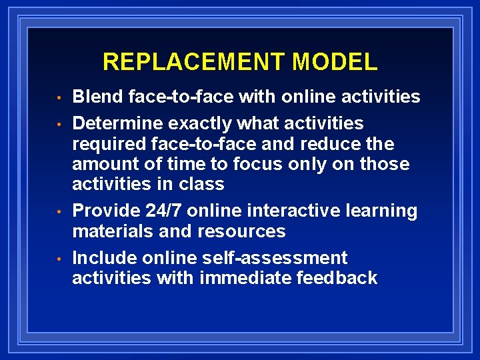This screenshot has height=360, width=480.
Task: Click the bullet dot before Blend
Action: tap(59, 99)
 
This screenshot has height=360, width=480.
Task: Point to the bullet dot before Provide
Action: tap(59, 213)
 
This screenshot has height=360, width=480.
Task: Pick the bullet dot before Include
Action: tap(59, 259)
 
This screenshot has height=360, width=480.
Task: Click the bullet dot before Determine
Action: tap(59, 125)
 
